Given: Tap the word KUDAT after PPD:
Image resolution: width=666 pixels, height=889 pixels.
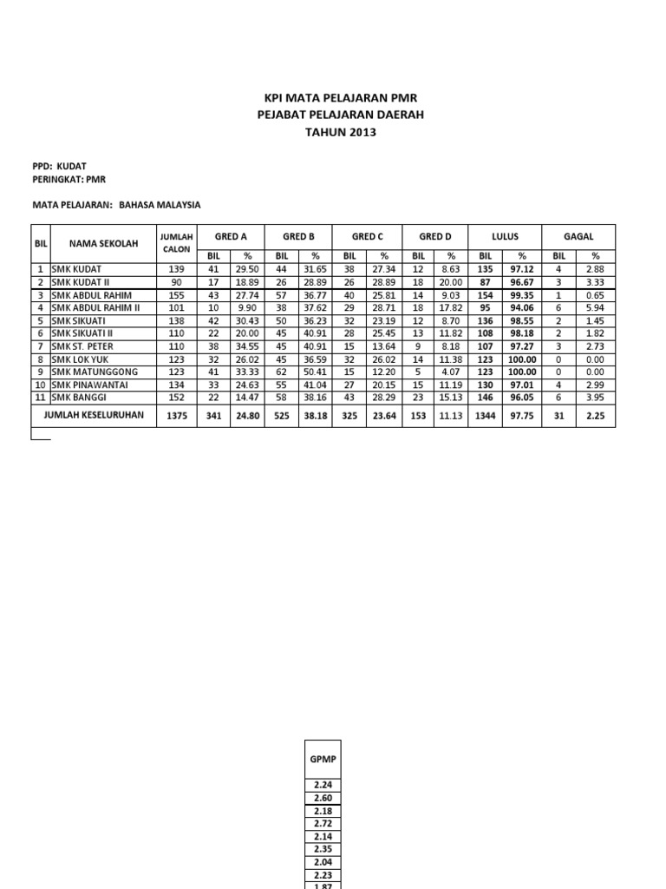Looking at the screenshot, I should click(x=72, y=164).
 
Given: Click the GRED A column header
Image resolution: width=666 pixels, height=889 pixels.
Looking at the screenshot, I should click(x=231, y=236).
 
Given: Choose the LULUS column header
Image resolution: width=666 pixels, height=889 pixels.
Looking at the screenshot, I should click(x=504, y=236).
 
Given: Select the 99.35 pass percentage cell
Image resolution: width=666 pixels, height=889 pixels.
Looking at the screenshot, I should click(x=522, y=295).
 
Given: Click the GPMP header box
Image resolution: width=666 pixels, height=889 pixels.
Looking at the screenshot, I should click(x=321, y=758).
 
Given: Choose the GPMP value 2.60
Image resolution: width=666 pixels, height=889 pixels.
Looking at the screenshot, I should click(x=321, y=797).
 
